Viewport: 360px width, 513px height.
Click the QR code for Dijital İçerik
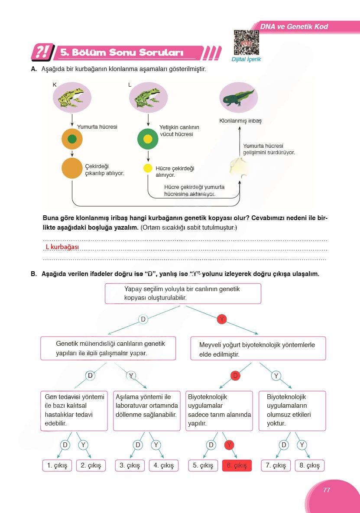pyautogui.click(x=246, y=43)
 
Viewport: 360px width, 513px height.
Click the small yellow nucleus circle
pyautogui.click(x=148, y=168)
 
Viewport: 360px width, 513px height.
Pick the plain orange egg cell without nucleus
pyautogui.click(x=72, y=168)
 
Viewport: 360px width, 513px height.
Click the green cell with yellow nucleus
pyautogui.click(x=148, y=139)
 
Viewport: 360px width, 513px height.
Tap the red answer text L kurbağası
pyautogui.click(x=62, y=247)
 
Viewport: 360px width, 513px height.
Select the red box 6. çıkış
pyautogui.click(x=237, y=465)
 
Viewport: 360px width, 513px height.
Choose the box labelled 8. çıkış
pyautogui.click(x=309, y=465)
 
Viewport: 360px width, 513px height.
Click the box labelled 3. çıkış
pyautogui.click(x=130, y=465)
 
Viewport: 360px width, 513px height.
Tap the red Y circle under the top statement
pyautogui.click(x=221, y=319)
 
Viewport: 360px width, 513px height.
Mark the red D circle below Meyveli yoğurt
pyautogui.click(x=235, y=376)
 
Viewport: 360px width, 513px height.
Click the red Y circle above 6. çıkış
pyautogui.click(x=230, y=445)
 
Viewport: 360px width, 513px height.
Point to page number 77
pyautogui.click(x=327, y=490)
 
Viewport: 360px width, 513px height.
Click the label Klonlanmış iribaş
pyautogui.click(x=240, y=121)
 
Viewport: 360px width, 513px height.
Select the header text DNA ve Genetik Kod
pyautogui.click(x=294, y=27)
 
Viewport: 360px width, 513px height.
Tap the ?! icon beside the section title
pyautogui.click(x=42, y=52)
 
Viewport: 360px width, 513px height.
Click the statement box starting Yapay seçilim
pyautogui.click(x=183, y=293)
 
